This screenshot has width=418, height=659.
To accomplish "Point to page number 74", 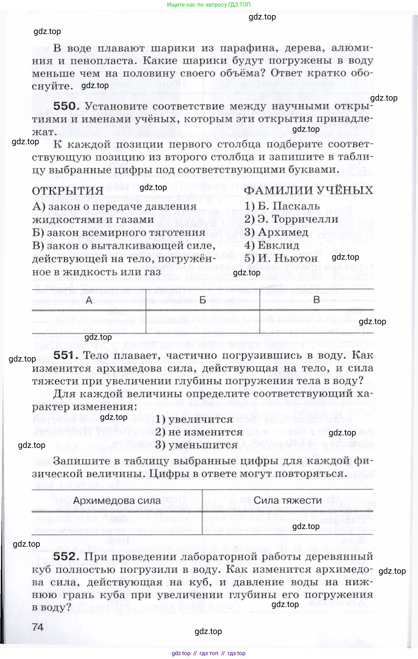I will [x=38, y=627].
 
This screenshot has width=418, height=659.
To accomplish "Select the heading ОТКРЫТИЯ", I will [x=68, y=191].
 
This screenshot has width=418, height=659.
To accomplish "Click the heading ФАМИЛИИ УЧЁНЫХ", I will [x=308, y=191].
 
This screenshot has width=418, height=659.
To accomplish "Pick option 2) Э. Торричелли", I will [x=291, y=219].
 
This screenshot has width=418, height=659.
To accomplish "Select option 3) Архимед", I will [x=276, y=232].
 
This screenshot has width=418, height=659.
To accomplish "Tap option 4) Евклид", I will [x=272, y=245].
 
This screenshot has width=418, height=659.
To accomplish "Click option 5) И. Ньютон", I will [x=281, y=258].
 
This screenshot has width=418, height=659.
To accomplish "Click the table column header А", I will [x=89, y=300].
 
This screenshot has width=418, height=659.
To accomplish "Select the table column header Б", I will [x=203, y=300].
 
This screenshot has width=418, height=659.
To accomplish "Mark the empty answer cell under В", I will [x=316, y=322].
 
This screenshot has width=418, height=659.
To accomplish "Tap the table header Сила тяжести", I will [x=288, y=500].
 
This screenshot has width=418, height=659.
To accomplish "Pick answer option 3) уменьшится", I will [x=196, y=445].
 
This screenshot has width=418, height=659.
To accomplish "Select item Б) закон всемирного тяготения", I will [x=118, y=233].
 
